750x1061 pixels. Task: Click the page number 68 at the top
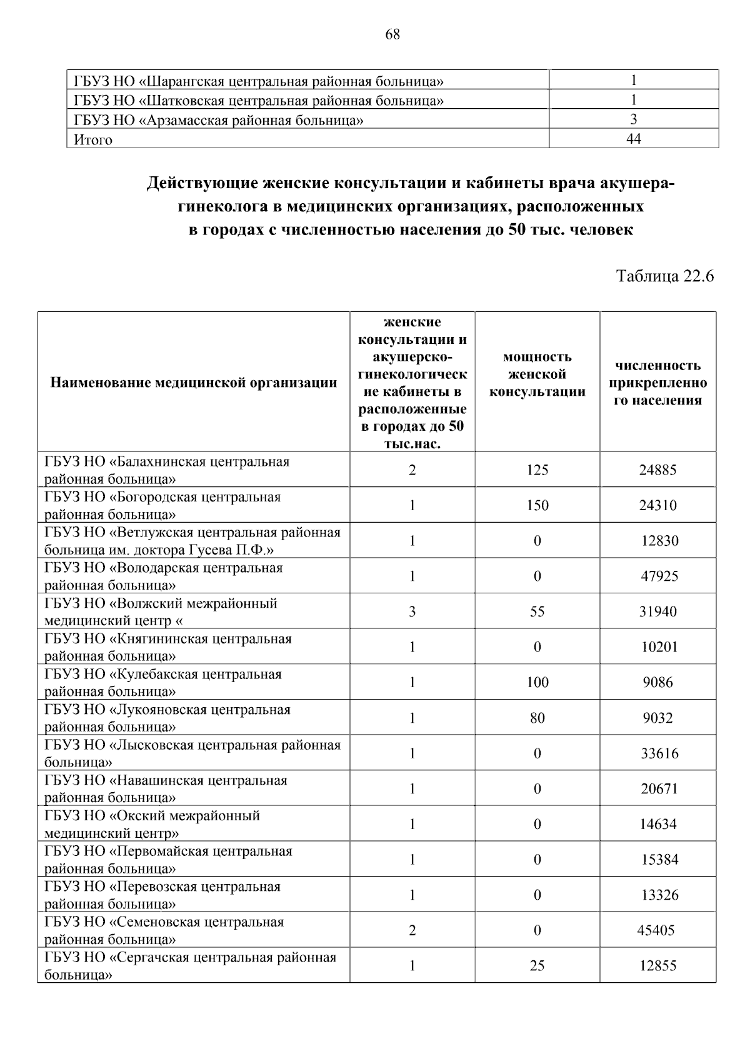click(392, 34)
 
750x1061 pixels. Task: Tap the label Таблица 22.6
click(665, 276)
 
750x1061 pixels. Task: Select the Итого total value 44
click(633, 139)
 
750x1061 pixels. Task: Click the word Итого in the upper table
click(93, 140)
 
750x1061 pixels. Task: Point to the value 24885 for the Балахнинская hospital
click(657, 470)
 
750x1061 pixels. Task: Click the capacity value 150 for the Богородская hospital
click(537, 505)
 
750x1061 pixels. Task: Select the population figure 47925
click(659, 576)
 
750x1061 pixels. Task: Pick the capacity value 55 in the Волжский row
click(537, 611)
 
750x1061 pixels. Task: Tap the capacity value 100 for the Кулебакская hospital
click(537, 682)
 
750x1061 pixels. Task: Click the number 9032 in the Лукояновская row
click(657, 718)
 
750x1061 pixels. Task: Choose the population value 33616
click(659, 753)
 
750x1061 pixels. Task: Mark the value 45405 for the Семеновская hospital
click(656, 930)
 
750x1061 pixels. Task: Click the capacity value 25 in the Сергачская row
click(537, 966)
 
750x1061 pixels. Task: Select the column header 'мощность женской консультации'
click(537, 375)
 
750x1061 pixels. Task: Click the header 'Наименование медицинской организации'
click(194, 383)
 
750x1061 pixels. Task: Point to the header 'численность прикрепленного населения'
click(657, 383)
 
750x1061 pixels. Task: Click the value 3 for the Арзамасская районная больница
click(633, 119)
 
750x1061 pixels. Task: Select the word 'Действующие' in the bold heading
click(201, 184)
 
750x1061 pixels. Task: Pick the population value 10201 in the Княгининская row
click(659, 647)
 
